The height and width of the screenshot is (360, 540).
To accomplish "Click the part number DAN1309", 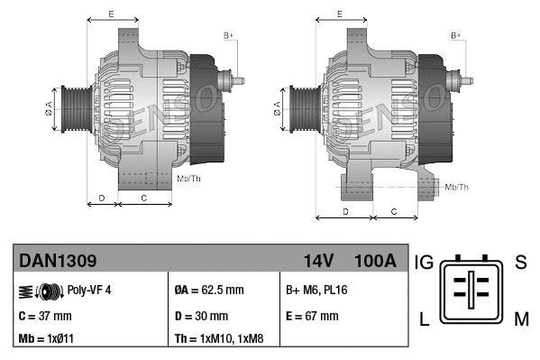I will pyautogui.click(x=58, y=261).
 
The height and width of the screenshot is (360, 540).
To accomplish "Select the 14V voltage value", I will pyautogui.click(x=318, y=261).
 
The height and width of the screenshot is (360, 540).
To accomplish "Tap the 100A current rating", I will pyautogui.click(x=374, y=261).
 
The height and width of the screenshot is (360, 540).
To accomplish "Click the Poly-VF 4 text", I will pyautogui.click(x=89, y=291).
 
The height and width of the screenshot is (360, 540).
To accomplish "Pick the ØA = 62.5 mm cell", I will pyautogui.click(x=210, y=291).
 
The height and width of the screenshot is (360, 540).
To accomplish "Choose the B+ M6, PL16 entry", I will pyautogui.click(x=316, y=291).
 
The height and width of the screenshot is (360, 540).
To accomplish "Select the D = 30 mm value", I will pyautogui.click(x=201, y=316).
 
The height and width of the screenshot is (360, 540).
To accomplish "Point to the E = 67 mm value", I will pyautogui.click(x=312, y=316).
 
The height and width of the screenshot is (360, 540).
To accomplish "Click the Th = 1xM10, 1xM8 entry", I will pyautogui.click(x=220, y=339).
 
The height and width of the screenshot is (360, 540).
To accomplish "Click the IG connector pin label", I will pyautogui.click(x=424, y=263).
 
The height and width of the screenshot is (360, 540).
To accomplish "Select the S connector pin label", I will pyautogui.click(x=520, y=263).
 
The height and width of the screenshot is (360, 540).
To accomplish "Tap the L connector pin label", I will pyautogui.click(x=424, y=317).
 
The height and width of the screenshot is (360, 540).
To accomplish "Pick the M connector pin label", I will pyautogui.click(x=520, y=317).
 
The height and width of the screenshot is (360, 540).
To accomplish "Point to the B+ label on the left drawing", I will pyautogui.click(x=229, y=35).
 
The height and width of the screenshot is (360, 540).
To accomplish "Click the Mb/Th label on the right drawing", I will pyautogui.click(x=457, y=187).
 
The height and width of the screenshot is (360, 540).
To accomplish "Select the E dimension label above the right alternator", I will pyautogui.click(x=339, y=14).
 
